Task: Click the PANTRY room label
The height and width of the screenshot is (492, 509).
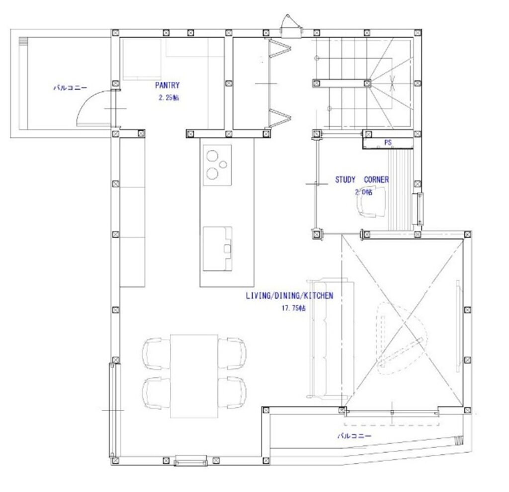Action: click(167, 85)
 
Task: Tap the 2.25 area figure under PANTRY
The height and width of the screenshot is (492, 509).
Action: click(169, 98)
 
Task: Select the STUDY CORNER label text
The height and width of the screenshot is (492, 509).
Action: click(362, 180)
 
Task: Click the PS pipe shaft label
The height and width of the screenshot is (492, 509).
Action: click(388, 142)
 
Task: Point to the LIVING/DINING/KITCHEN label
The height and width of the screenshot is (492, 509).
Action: click(289, 296)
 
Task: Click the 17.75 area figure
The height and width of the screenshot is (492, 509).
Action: click(293, 308)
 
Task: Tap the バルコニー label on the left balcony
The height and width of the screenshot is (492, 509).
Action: click(71, 88)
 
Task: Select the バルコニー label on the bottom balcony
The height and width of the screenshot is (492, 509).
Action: click(354, 436)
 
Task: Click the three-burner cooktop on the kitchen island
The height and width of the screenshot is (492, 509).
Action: click(217, 165)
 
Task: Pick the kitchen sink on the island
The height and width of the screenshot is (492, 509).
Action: click(217, 248)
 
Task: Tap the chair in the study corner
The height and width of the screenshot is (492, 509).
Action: click(371, 202)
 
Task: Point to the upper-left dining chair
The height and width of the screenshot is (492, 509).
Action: click(156, 353)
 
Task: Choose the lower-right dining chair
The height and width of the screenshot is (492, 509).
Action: click(232, 393)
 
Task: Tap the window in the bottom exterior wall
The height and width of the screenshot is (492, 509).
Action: click(190, 461)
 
